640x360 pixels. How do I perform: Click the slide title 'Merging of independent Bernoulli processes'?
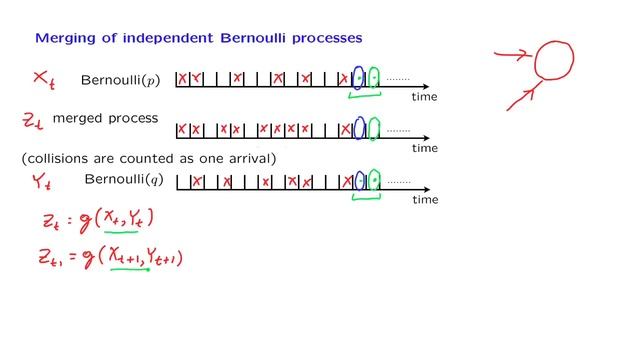click(x=199, y=38)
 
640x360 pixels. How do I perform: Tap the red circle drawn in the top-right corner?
click(x=554, y=60)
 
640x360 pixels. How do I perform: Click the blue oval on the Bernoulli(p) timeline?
click(x=358, y=78)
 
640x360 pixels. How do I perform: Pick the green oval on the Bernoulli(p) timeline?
click(x=374, y=77)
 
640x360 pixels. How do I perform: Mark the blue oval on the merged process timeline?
click(x=359, y=128)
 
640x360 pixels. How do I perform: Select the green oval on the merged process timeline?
click(x=374, y=129)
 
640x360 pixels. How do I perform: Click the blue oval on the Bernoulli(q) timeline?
click(x=359, y=180)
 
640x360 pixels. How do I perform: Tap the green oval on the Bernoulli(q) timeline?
click(x=374, y=180)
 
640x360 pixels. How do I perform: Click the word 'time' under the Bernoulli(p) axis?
click(x=425, y=97)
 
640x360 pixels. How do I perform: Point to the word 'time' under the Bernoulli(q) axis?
click(x=425, y=199)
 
